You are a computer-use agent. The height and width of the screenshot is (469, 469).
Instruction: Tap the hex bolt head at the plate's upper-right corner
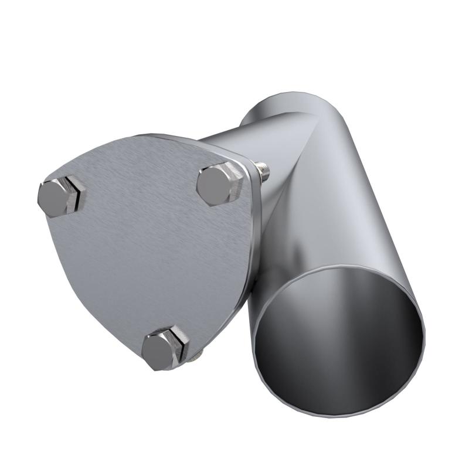click(218, 184)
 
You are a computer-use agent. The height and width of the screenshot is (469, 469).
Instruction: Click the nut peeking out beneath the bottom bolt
click(197, 355)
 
